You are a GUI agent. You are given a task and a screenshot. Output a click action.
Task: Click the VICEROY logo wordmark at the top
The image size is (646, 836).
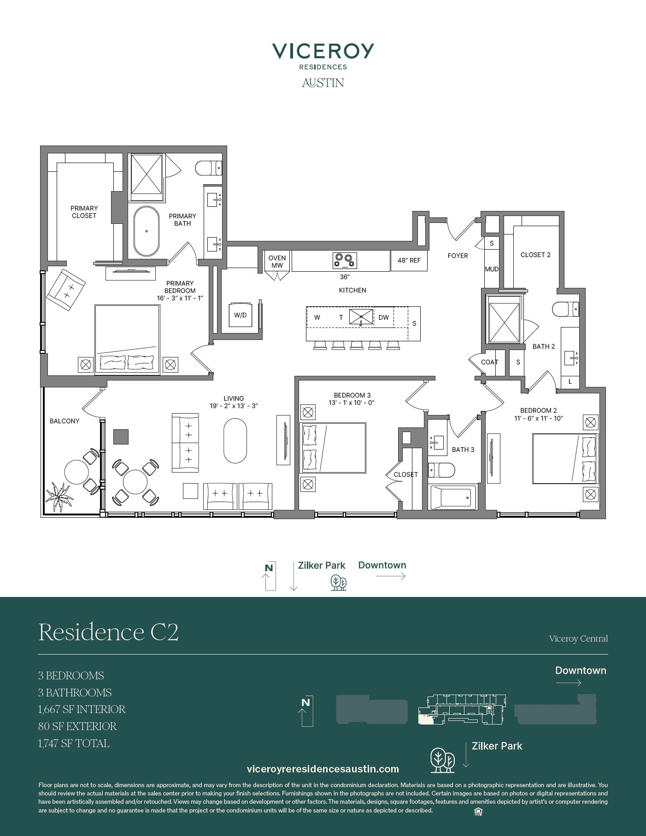tap(323, 51)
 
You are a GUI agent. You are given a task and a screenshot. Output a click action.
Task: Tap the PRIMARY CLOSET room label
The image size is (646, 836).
tap(84, 212)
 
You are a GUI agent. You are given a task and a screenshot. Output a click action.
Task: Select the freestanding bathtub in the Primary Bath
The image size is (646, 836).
tap(146, 231)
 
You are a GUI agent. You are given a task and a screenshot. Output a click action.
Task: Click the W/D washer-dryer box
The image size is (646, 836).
tap(241, 315)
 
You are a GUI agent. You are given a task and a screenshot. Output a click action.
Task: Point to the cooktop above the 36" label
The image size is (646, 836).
tap(345, 261)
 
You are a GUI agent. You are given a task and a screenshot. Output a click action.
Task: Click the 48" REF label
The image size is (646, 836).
tap(409, 260)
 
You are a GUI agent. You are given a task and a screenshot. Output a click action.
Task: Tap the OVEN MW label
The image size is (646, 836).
tap(277, 262)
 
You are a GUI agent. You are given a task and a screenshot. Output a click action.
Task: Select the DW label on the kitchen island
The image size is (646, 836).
tap(384, 317)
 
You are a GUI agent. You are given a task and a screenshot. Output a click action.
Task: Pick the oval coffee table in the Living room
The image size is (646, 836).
tap(235, 440)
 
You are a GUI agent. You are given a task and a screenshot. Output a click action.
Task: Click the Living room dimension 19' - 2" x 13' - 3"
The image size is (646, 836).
tap(234, 406)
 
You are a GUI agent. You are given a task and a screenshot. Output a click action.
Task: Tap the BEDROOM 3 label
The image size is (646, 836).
tap(352, 395)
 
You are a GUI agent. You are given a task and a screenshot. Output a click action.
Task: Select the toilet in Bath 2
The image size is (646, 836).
tap(565, 309)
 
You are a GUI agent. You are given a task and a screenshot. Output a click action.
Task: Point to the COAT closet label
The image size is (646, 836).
tap(489, 362)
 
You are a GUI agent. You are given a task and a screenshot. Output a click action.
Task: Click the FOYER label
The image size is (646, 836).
tap(458, 256)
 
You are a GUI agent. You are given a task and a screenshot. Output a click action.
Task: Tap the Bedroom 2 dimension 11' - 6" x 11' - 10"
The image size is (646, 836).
tap(539, 418)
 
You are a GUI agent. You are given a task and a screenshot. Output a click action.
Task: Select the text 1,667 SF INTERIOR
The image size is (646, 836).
tap(82, 709)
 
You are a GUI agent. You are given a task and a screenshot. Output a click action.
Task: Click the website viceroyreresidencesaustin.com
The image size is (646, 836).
tap(323, 769)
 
